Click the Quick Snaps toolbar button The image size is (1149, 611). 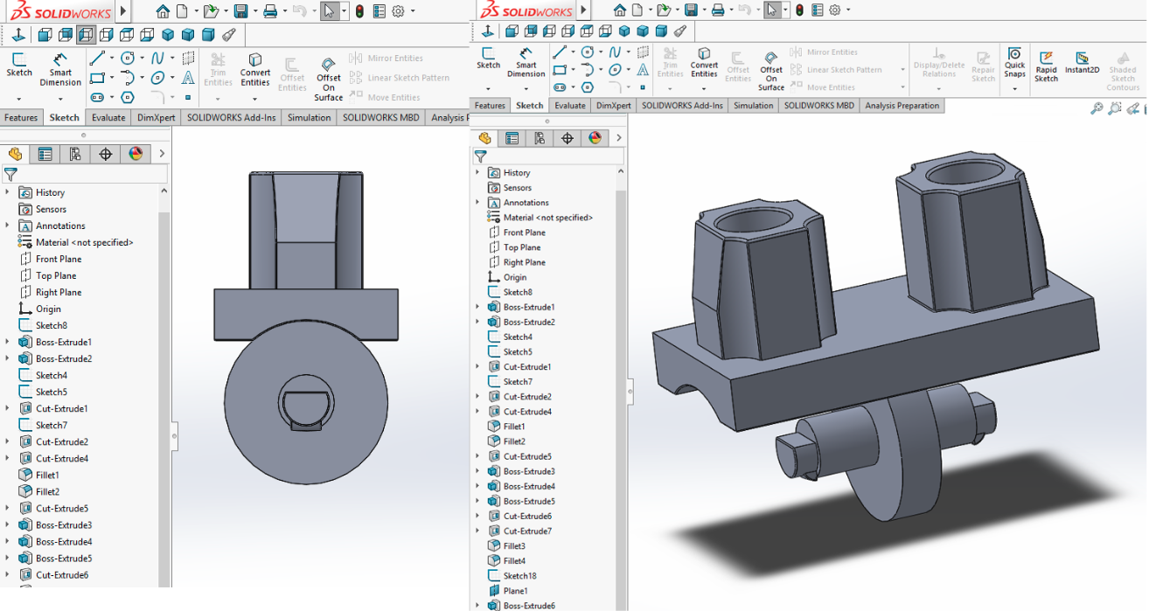(1014, 64)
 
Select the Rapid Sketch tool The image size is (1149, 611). (1046, 66)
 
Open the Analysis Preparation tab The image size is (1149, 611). (902, 106)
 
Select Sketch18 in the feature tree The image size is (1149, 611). (519, 575)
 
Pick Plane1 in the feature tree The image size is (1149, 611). (515, 590)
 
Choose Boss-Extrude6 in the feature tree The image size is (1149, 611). (528, 605)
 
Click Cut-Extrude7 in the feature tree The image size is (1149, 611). (527, 531)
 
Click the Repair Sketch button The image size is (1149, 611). (983, 66)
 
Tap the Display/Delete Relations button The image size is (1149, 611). (939, 66)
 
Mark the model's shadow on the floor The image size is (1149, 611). (874, 507)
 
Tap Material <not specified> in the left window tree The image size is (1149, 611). (84, 242)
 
